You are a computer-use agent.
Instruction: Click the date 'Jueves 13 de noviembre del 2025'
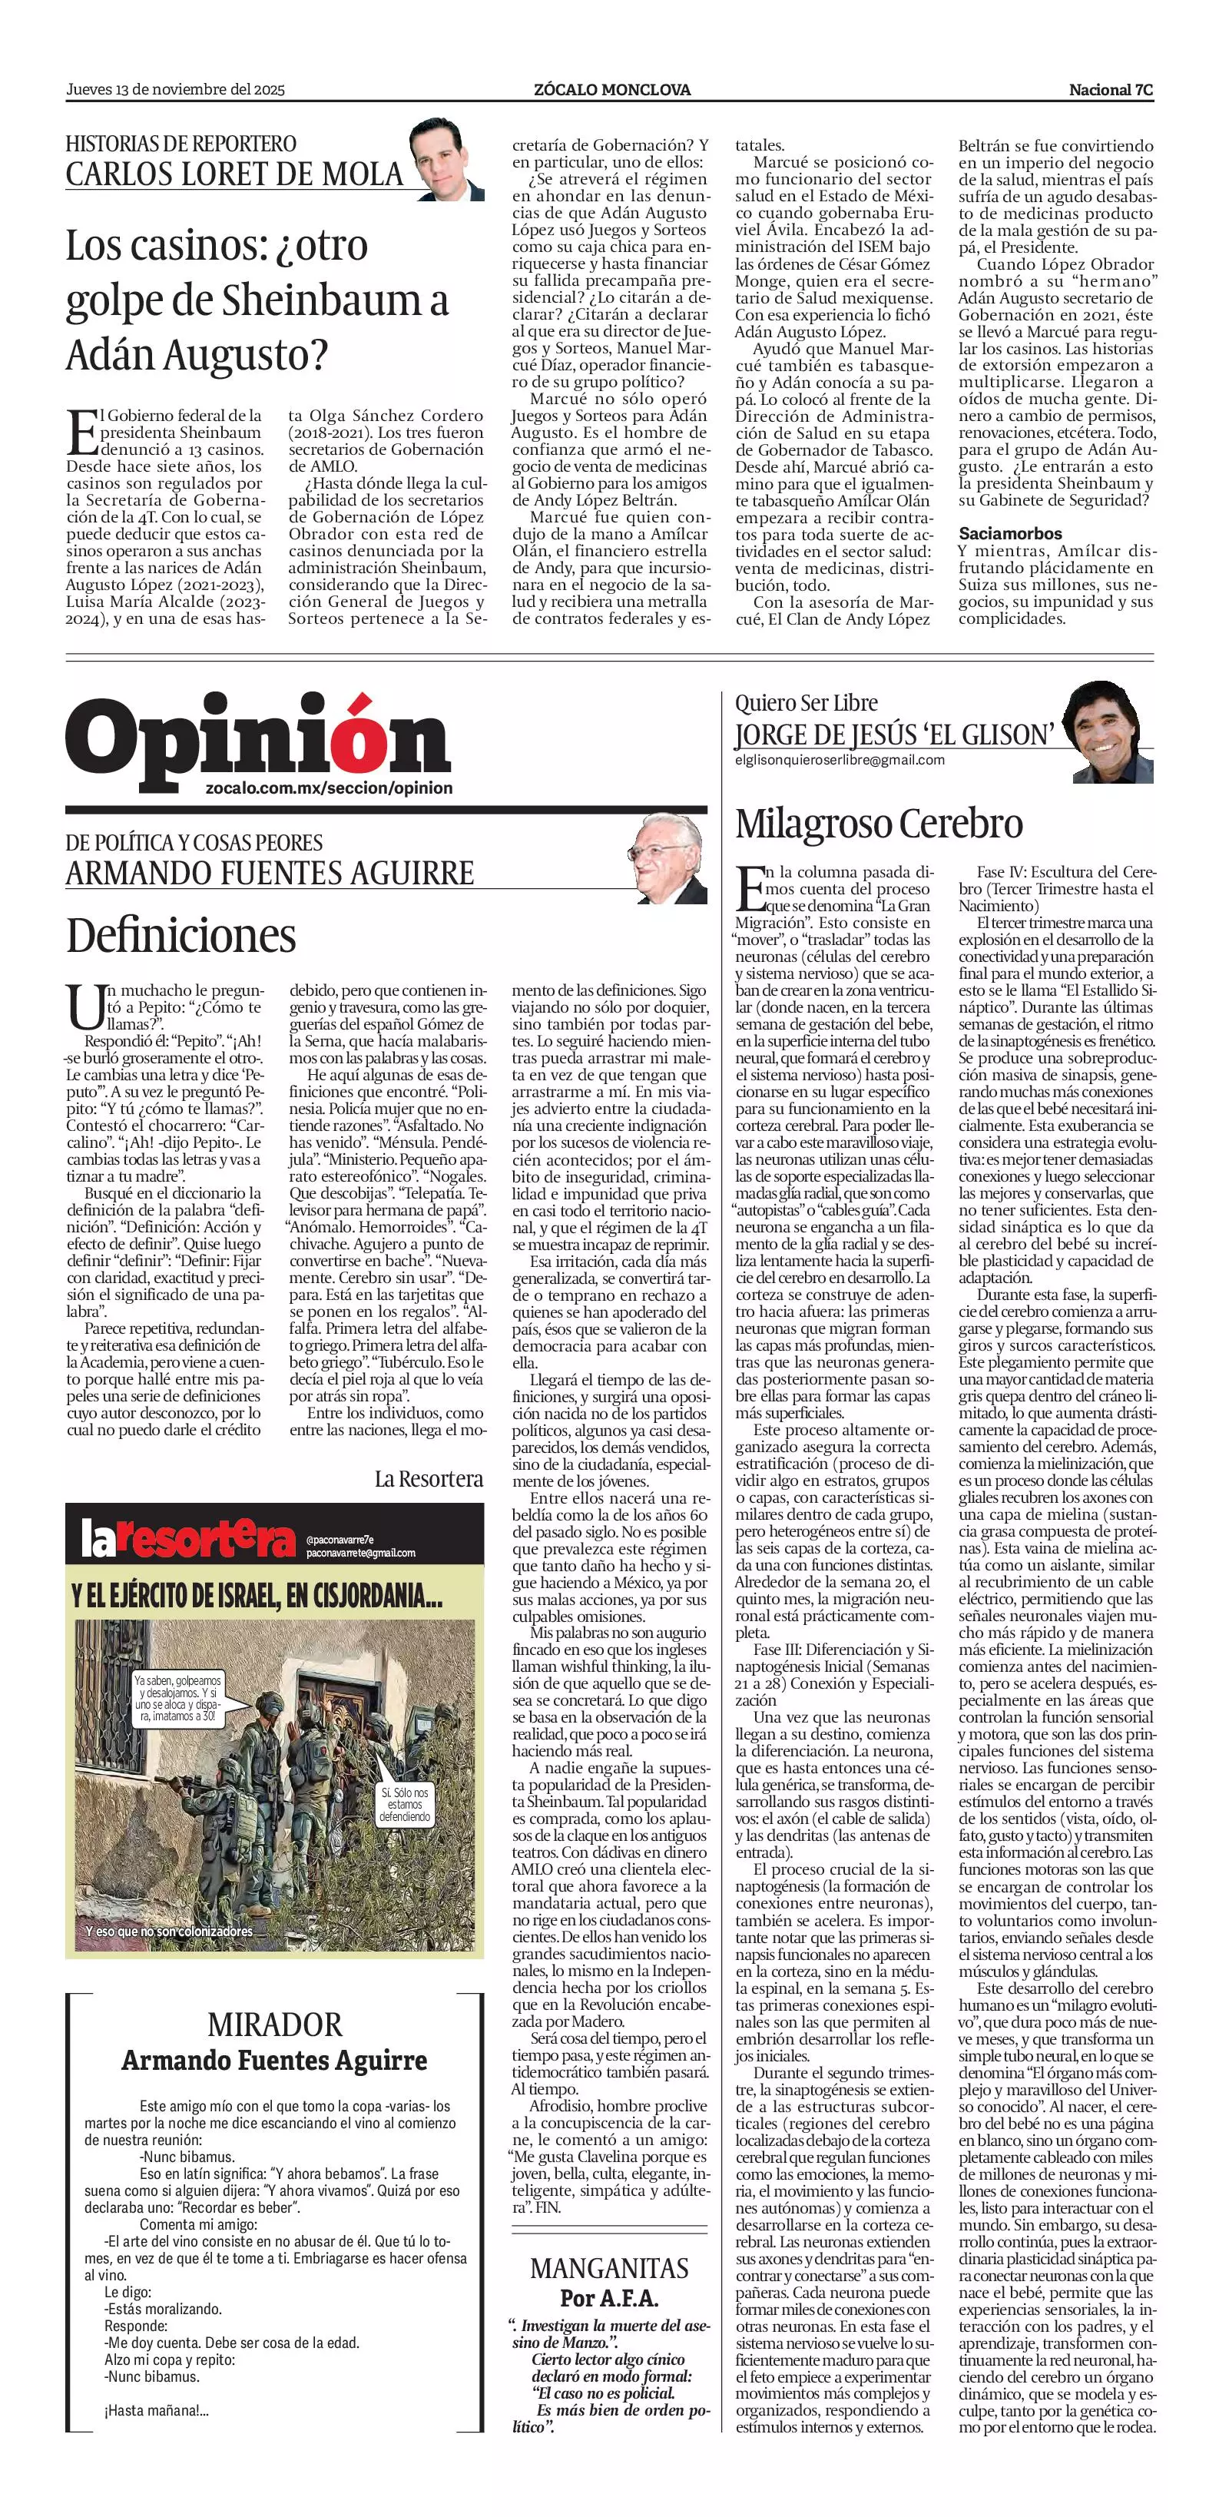coord(175,90)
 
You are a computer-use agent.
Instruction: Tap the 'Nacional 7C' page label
coord(1111,90)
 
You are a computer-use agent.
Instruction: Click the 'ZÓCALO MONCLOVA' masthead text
coord(612,90)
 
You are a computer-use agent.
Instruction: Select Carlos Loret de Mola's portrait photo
coord(446,159)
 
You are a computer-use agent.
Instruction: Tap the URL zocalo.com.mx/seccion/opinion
coord(330,788)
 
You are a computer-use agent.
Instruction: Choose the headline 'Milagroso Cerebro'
coord(878,824)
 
